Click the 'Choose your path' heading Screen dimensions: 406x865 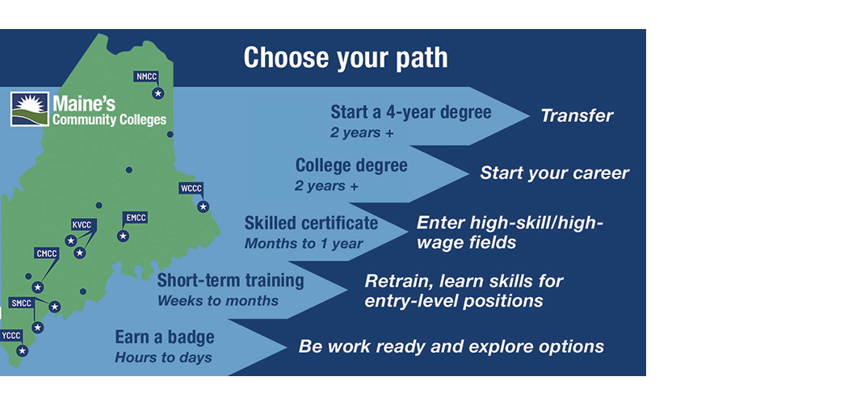[x=346, y=59]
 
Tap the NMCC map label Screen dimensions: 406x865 [x=147, y=77]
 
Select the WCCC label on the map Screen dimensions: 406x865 [x=191, y=190]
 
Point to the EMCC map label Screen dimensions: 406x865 [x=136, y=218]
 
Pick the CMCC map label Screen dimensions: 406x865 [x=47, y=253]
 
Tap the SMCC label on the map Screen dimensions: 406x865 [x=21, y=303]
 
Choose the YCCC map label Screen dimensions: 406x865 [x=11, y=335]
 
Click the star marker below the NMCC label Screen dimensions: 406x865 [x=158, y=94]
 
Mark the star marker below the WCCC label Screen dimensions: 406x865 [x=204, y=207]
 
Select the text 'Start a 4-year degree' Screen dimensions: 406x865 [x=411, y=112]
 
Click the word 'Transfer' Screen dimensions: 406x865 [x=577, y=115]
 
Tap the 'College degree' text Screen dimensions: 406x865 [x=351, y=166]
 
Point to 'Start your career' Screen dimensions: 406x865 [x=554, y=173]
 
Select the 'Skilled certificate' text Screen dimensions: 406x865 [x=311, y=223]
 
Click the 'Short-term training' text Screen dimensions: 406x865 [x=230, y=281]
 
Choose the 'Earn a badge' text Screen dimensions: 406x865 [x=165, y=337]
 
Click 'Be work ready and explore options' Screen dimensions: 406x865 [x=451, y=346]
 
